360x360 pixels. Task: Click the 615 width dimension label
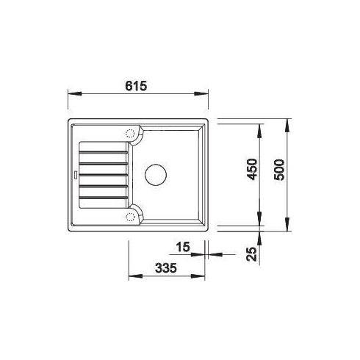tap(136, 86)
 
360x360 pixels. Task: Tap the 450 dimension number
tap(252, 169)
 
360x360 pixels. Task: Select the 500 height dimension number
tap(279, 170)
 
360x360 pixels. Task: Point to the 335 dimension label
tap(166, 268)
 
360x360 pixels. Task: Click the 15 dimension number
tap(183, 247)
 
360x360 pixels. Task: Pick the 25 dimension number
tap(252, 254)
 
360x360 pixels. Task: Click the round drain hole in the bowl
tap(156, 175)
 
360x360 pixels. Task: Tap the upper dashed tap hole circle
tap(130, 134)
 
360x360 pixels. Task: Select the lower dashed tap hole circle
tap(130, 217)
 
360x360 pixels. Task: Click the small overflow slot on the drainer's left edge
tap(76, 175)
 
